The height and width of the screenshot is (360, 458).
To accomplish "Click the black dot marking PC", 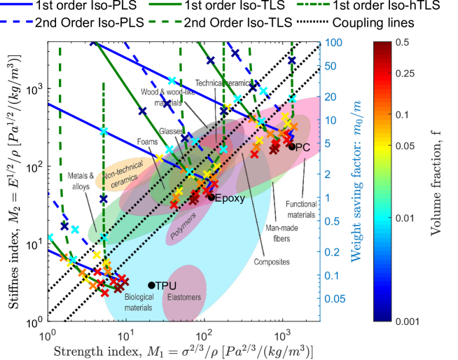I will pos(291,146).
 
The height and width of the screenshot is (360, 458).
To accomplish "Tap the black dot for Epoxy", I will pos(211,198).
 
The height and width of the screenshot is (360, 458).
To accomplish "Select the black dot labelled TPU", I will pos(151,285).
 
